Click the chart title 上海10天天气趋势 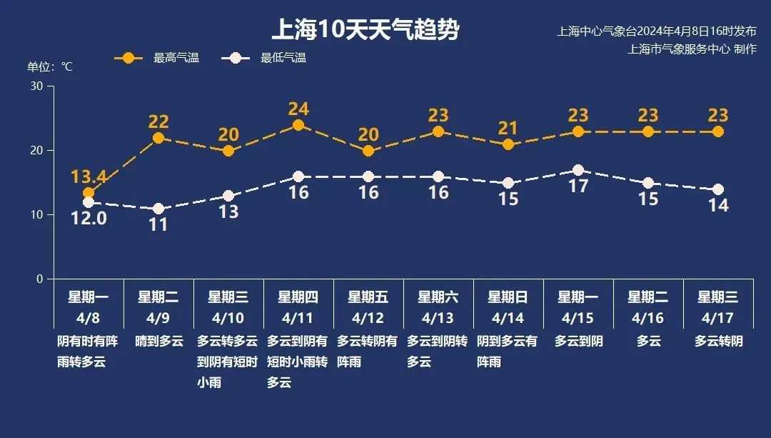pyautogui.click(x=365, y=30)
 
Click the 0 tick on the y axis pyautogui.click(x=40, y=279)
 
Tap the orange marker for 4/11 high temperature pyautogui.click(x=298, y=125)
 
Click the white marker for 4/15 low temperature pyautogui.click(x=578, y=170)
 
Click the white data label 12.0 pyautogui.click(x=89, y=218)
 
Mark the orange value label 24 pyautogui.click(x=298, y=109)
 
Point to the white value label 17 pyautogui.click(x=578, y=186)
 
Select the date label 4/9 pyautogui.click(x=158, y=318)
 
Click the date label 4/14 pyautogui.click(x=508, y=318)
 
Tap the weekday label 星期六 pyautogui.click(x=438, y=297)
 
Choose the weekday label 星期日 pyautogui.click(x=508, y=297)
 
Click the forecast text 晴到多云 pyautogui.click(x=158, y=342)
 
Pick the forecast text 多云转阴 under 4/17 pyautogui.click(x=719, y=342)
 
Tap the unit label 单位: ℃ pyautogui.click(x=50, y=66)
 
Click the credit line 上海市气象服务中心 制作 pyautogui.click(x=692, y=49)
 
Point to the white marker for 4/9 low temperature pyautogui.click(x=158, y=209)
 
